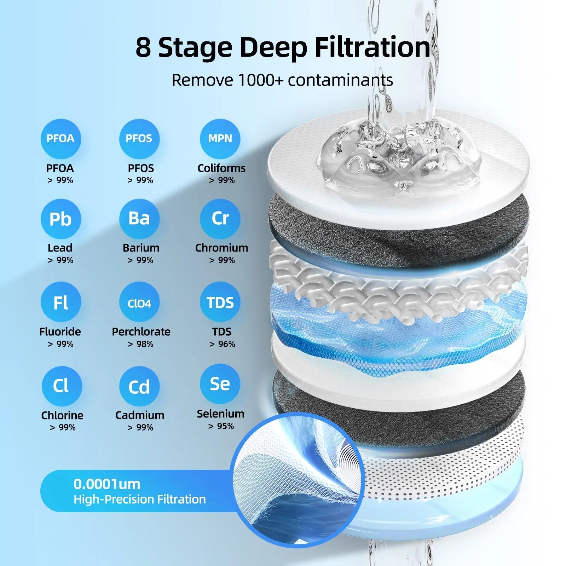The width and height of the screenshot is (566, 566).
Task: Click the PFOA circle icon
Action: (x=60, y=139)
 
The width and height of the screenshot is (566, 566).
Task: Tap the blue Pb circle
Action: (x=60, y=219)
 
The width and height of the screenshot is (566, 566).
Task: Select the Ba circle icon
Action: (x=139, y=219)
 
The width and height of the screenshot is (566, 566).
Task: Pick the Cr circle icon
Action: (x=220, y=219)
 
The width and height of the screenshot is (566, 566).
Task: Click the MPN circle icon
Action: (x=220, y=139)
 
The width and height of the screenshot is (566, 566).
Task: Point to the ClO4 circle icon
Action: (x=139, y=302)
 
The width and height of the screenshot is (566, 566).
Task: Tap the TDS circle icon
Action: (x=220, y=302)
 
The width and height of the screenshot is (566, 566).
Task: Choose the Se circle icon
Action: (x=220, y=384)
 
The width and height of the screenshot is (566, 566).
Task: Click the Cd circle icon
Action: (x=139, y=386)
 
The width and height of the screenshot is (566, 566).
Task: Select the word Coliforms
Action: (x=221, y=168)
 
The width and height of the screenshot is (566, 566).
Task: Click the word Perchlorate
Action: (x=141, y=332)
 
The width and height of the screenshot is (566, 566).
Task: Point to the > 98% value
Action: (x=140, y=344)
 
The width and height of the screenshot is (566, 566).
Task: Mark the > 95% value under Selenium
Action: (x=221, y=426)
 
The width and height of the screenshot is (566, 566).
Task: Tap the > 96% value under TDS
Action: (x=222, y=344)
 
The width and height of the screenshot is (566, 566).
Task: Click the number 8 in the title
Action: (x=143, y=47)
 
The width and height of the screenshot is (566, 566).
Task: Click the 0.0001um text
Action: (x=107, y=484)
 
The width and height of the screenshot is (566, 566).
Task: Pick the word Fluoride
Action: (x=60, y=332)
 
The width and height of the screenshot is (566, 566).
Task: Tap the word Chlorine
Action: (x=62, y=415)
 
